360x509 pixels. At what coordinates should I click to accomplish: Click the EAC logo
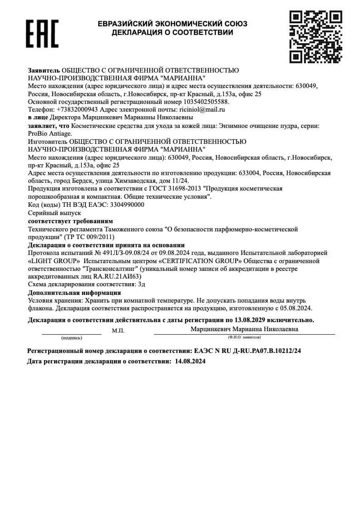(x=42, y=34)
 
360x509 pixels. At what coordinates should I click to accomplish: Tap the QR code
(x=316, y=36)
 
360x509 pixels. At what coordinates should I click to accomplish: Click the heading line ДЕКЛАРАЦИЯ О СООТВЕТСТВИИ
(x=173, y=33)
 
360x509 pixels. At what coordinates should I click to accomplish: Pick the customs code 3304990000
(x=128, y=205)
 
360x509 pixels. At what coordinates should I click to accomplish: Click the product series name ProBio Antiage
(x=50, y=133)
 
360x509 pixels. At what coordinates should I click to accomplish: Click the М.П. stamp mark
(x=118, y=331)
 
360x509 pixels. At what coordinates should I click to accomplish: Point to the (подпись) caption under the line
(x=72, y=338)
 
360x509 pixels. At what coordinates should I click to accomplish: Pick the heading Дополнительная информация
(x=74, y=293)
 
